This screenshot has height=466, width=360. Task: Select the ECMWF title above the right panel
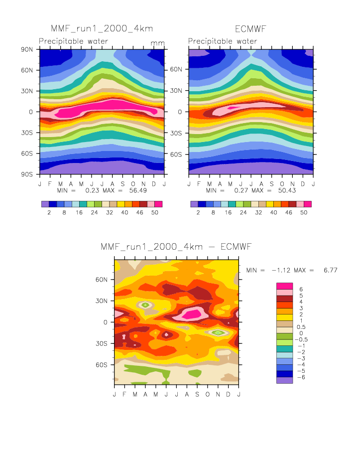point(251,29)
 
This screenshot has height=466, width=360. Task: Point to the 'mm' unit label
point(157,43)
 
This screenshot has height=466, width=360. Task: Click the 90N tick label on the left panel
point(26,49)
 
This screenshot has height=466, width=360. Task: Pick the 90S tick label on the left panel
point(26,174)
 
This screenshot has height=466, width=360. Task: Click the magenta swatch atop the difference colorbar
point(284,285)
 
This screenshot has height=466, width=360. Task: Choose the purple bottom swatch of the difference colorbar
point(284,380)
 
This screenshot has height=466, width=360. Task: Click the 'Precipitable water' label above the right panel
point(223,41)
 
